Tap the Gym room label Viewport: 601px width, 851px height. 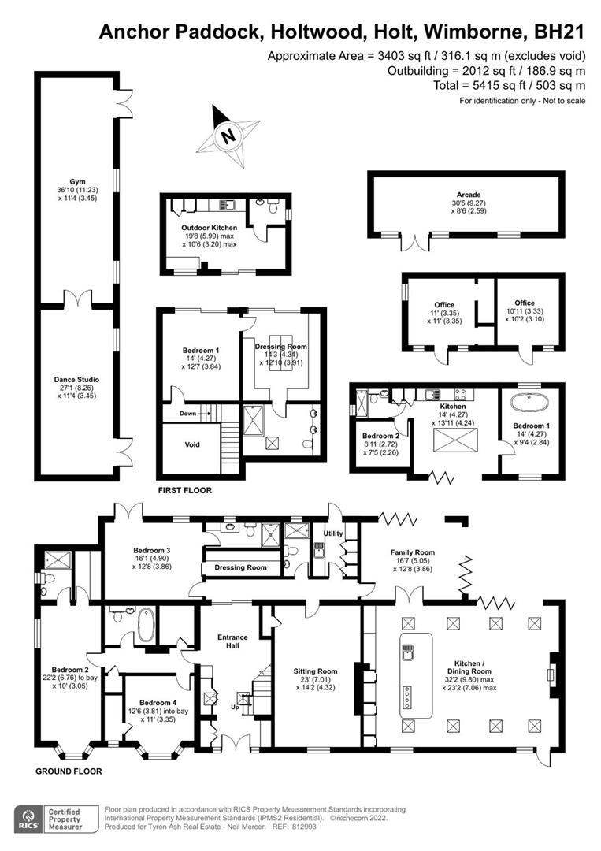point(76,180)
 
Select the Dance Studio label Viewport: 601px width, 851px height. point(76,379)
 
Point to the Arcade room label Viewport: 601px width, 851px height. point(469,195)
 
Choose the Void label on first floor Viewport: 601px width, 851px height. point(192,444)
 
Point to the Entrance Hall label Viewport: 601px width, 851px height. point(233,641)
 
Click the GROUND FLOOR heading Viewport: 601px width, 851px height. point(67,771)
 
